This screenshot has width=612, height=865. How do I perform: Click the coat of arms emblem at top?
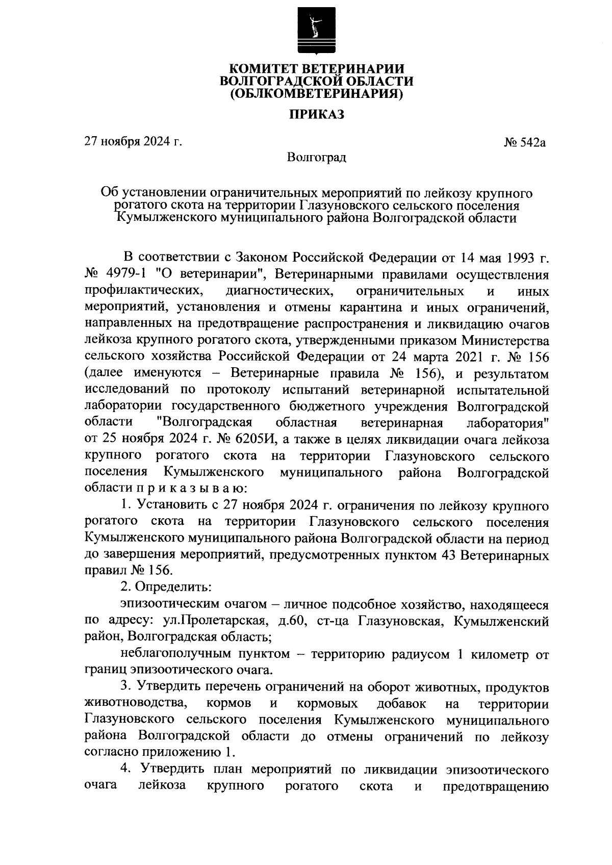(316, 32)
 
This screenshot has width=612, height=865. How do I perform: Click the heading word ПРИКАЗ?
(317, 114)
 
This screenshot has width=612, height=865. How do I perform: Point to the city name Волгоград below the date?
(316, 157)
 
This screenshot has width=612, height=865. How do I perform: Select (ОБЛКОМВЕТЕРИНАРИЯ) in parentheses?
(316, 94)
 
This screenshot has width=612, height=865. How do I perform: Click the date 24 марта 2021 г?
(436, 357)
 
